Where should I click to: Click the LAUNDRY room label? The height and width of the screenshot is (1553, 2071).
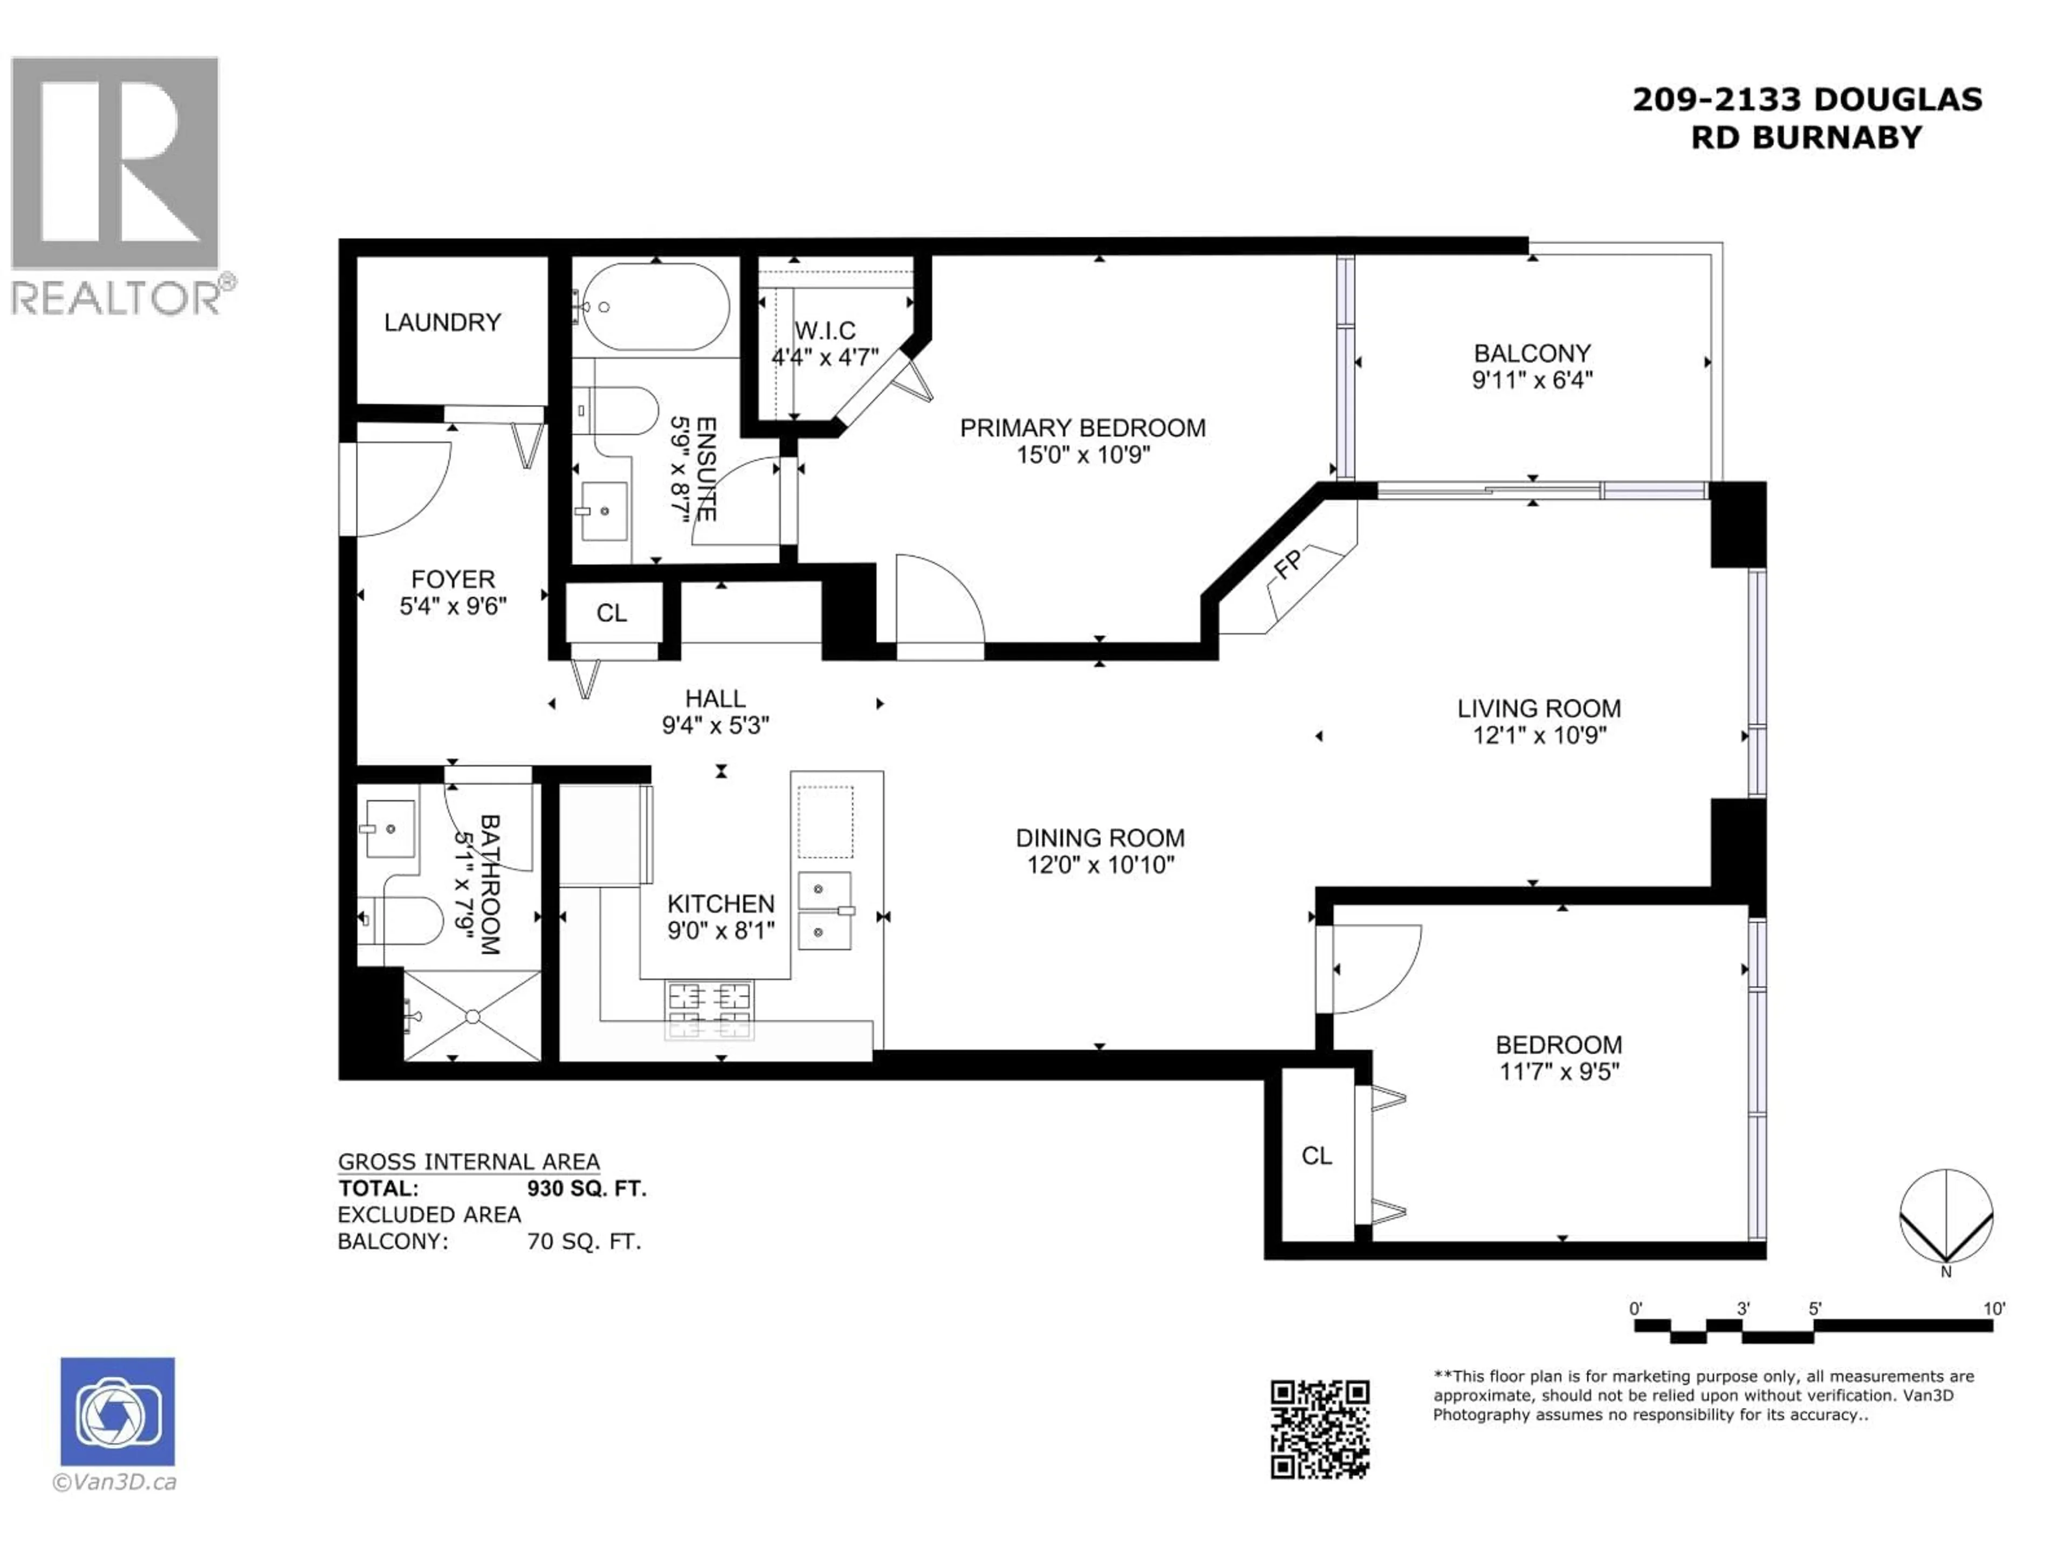pyautogui.click(x=442, y=322)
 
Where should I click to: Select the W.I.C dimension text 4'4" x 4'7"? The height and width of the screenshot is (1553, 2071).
pyautogui.click(x=825, y=358)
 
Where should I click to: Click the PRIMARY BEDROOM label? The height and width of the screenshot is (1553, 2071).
pyautogui.click(x=1082, y=428)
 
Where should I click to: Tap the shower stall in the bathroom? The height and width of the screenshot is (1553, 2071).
pyautogui.click(x=472, y=1016)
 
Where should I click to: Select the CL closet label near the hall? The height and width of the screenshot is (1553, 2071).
pyautogui.click(x=612, y=613)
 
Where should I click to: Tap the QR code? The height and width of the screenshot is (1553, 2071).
pyautogui.click(x=1319, y=1428)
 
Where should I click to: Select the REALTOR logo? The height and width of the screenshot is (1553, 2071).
pyautogui.click(x=116, y=185)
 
